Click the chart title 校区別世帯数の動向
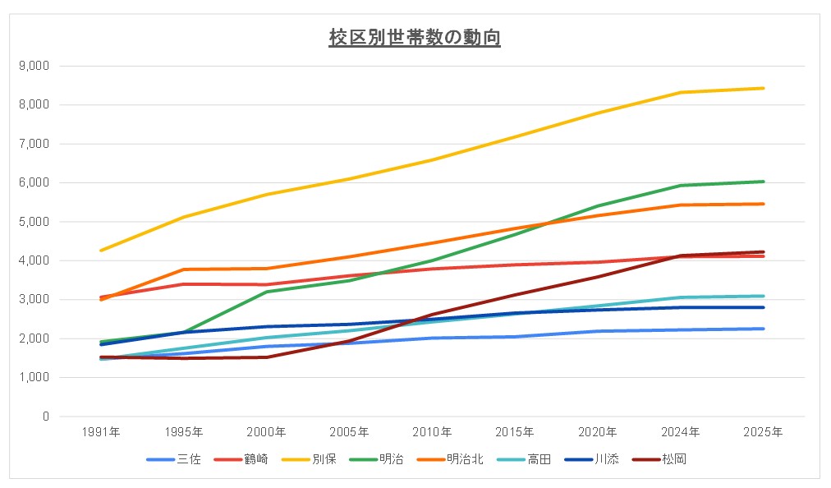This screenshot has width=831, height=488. click(415, 38)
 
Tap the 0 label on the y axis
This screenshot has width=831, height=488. click(46, 417)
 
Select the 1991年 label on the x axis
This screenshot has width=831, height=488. click(102, 431)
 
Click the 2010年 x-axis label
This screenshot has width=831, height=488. click(432, 431)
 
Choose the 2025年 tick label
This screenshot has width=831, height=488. click(763, 431)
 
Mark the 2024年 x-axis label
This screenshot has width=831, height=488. click(680, 431)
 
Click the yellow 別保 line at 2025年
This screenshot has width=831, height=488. click(763, 88)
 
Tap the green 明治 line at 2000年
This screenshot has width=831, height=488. click(267, 292)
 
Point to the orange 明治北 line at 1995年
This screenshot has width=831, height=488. click(185, 269)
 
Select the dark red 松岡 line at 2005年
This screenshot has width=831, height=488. click(350, 340)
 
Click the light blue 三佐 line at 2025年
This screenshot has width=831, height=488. click(763, 329)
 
